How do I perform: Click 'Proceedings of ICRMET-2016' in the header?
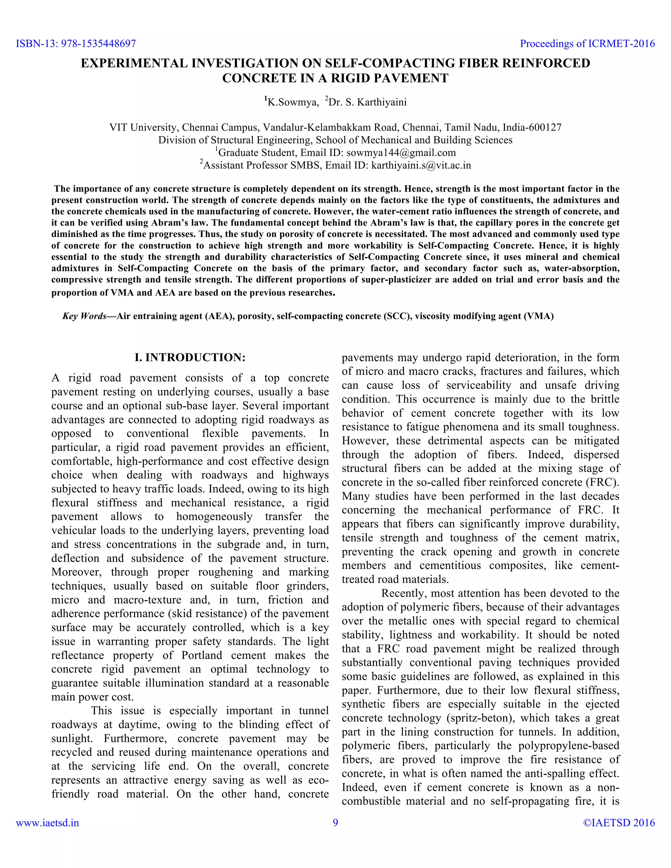587,44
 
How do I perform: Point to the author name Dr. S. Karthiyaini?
368,103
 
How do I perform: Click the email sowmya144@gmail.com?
401,153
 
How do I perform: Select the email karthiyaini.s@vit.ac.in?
421,165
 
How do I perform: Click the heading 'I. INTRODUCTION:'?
190,357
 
